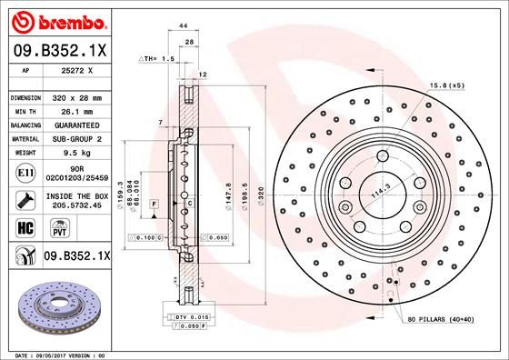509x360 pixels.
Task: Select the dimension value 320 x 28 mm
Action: click(76, 96)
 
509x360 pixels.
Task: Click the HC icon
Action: click(25, 227)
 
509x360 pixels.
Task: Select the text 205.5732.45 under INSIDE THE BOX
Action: click(76, 205)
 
